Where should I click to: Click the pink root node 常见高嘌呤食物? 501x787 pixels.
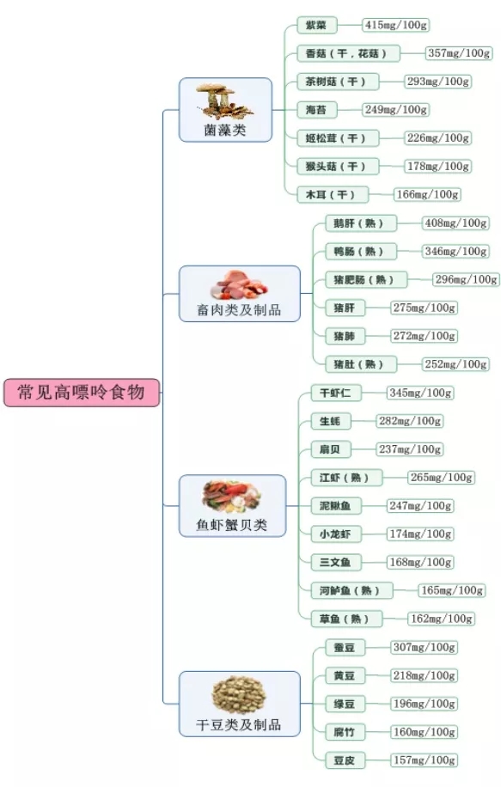pos(82,393)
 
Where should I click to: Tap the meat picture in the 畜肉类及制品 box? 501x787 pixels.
pos(239,284)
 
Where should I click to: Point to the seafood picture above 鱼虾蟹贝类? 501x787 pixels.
pos(232,497)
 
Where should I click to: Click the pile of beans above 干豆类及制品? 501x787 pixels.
pos(239,695)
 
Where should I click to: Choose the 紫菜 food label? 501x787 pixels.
pos(316,25)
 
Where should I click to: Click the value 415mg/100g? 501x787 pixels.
pos(396,25)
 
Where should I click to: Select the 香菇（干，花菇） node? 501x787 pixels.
pos(348,54)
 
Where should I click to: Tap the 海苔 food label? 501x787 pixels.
pos(316,110)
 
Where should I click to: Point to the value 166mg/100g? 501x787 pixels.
pos(427,195)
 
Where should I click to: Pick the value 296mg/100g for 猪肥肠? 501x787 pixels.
pos(466,279)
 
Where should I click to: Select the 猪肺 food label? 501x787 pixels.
pos(345,336)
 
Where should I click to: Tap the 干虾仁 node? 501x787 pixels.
pos(336,393)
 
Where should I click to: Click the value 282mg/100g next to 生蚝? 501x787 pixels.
pos(410,421)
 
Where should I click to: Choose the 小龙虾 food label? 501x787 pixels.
pos(336,534)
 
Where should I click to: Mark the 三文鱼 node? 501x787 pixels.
pos(336,563)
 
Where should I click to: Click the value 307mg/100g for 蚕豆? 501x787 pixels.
pos(425,648)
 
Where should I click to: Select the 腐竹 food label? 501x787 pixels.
pos(345,732)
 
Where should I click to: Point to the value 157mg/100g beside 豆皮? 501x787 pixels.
pos(425,760)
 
